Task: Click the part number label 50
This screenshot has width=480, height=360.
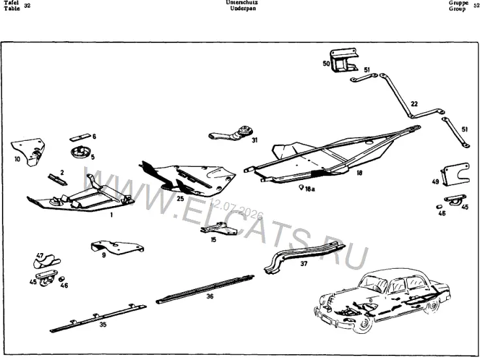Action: point(326,63)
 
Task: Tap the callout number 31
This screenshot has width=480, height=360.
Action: point(255,140)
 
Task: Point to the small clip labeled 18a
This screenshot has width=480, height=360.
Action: point(301,187)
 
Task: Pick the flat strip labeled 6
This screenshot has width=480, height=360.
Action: point(80,136)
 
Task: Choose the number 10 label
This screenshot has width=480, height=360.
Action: point(17,159)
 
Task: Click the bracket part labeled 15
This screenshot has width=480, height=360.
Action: point(219,229)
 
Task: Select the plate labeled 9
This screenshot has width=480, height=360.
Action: point(118,247)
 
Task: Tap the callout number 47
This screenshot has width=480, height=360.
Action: point(40,256)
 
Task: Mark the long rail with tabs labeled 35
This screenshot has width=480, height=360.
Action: point(98,318)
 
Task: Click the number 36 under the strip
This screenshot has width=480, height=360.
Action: point(210,296)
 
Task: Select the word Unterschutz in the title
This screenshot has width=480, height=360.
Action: point(241,3)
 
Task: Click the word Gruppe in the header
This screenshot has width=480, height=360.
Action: point(458,3)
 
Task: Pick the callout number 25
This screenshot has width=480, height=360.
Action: point(180,199)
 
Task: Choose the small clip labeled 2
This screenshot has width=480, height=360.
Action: point(57,179)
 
